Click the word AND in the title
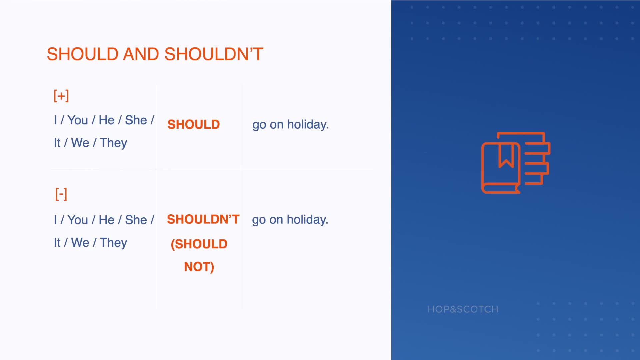(x=141, y=54)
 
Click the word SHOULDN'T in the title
(x=214, y=54)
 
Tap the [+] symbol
(x=61, y=96)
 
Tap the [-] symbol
(x=61, y=194)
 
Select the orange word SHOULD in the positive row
(x=194, y=125)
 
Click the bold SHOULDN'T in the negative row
(x=203, y=219)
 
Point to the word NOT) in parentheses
(x=199, y=267)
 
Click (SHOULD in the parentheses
(x=199, y=244)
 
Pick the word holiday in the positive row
(x=308, y=124)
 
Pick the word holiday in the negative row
(x=308, y=220)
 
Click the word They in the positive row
(x=113, y=143)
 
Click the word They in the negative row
(x=113, y=243)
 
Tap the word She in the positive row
(x=136, y=120)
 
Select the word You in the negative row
(x=78, y=220)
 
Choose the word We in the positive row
(x=80, y=143)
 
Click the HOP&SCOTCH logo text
(x=463, y=309)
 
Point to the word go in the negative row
(x=259, y=220)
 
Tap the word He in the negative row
(x=107, y=220)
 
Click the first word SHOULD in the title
(x=83, y=54)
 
